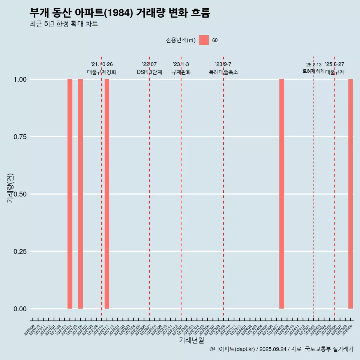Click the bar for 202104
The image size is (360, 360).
click(x=70, y=194)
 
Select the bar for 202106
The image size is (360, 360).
click(x=80, y=194)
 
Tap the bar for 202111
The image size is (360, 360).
click(x=107, y=194)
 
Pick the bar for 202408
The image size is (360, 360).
click(x=282, y=194)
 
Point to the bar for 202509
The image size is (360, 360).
click(x=351, y=194)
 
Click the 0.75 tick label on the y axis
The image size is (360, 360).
click(x=19, y=137)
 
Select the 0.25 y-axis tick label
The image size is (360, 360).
click(x=19, y=252)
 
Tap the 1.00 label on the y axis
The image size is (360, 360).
click(x=19, y=79)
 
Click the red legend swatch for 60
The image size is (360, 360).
click(x=204, y=40)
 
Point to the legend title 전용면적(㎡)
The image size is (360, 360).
click(x=181, y=40)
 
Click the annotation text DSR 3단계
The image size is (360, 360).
click(x=149, y=72)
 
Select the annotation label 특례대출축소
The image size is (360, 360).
click(x=223, y=72)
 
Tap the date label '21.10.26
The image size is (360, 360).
click(x=102, y=64)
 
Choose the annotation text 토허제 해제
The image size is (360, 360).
click(x=313, y=71)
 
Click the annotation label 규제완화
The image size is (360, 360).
click(x=181, y=72)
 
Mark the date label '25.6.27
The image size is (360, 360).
click(x=334, y=64)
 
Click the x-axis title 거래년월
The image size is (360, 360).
click(x=192, y=340)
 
